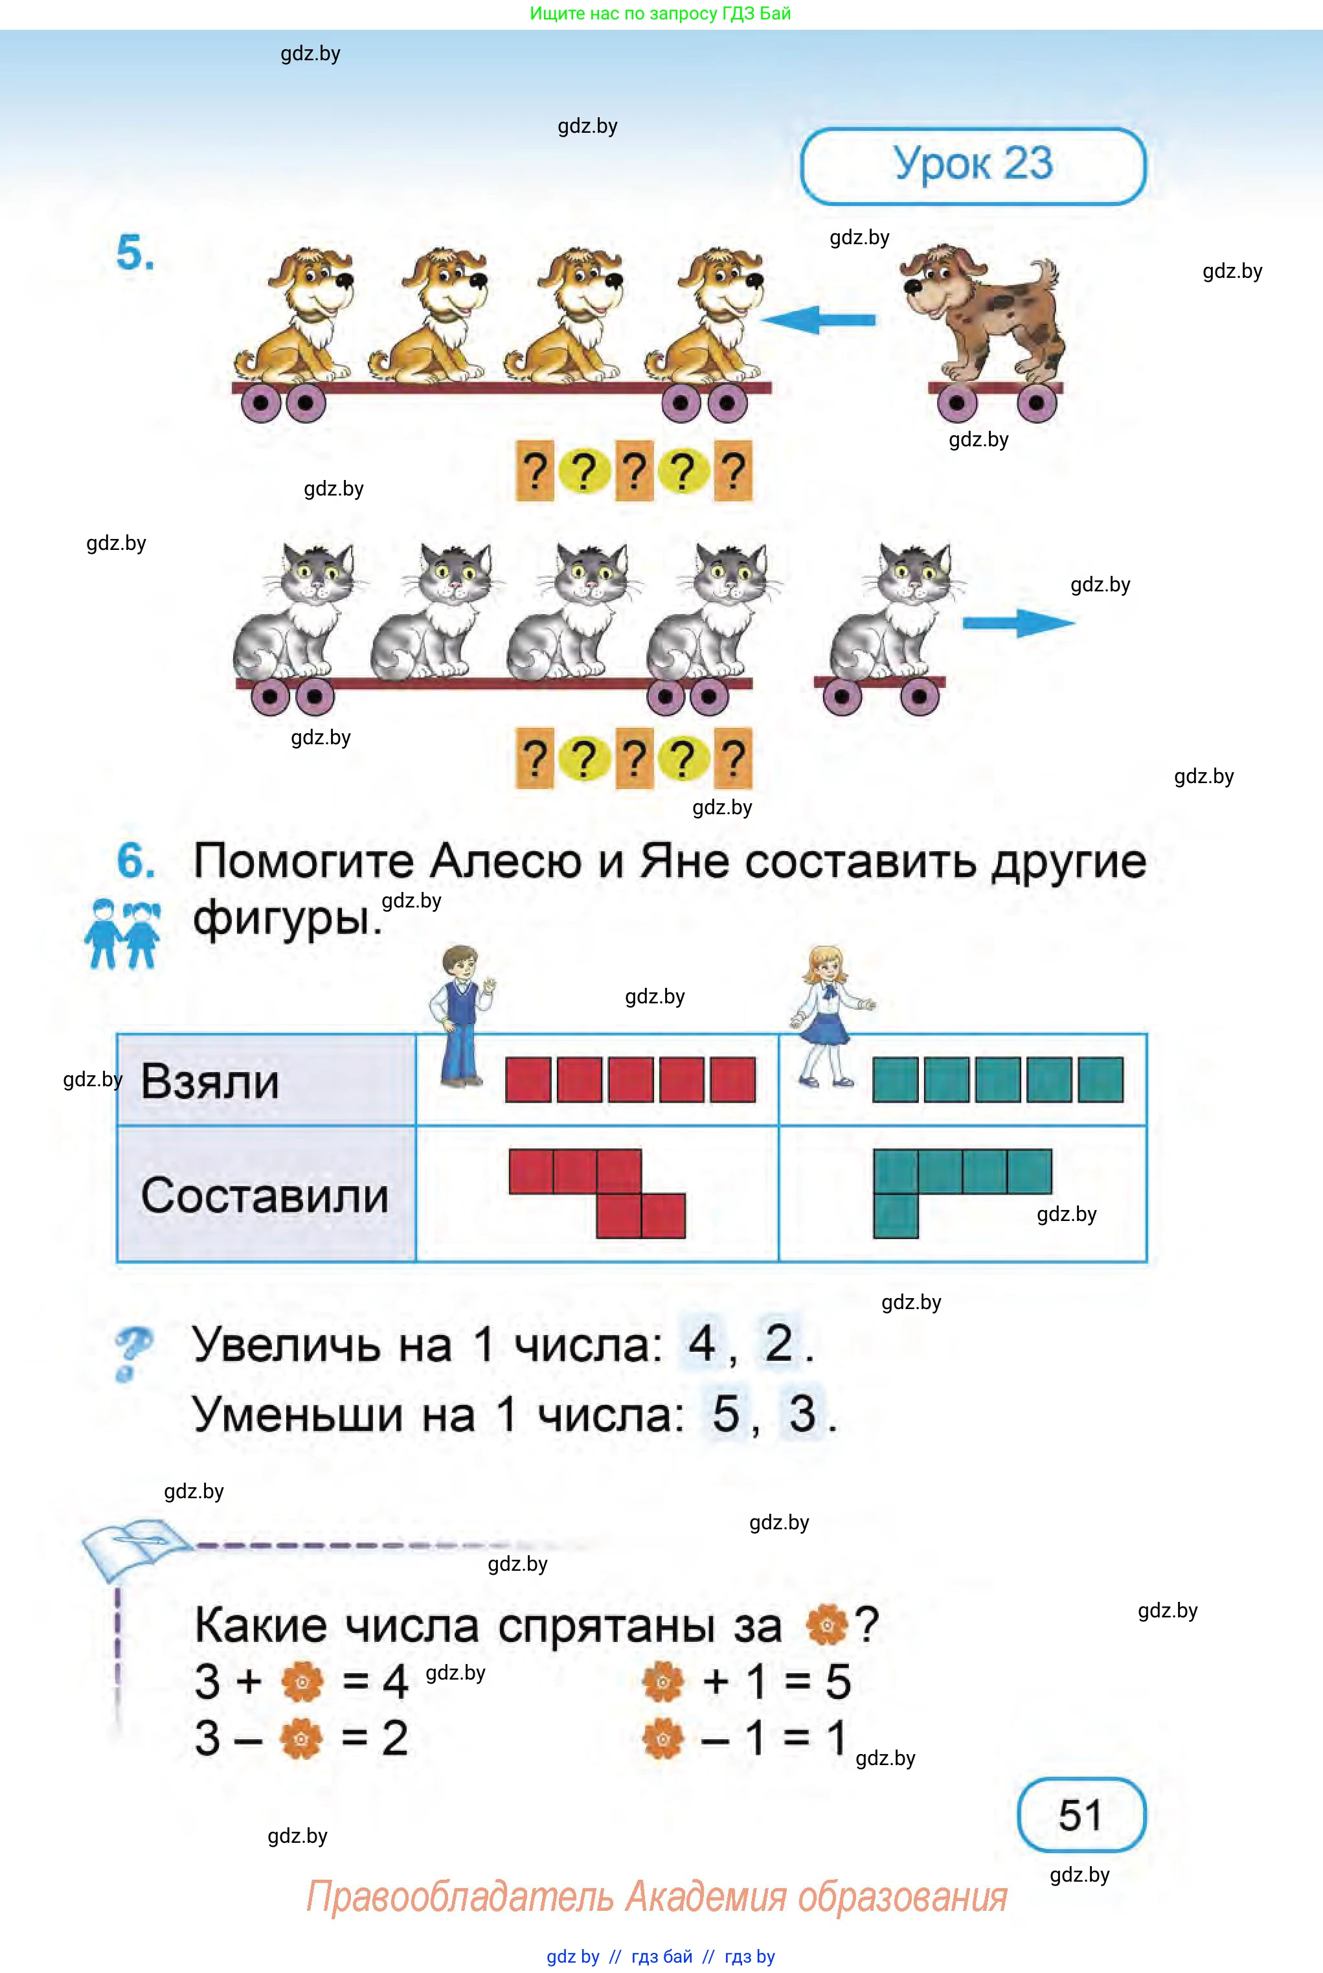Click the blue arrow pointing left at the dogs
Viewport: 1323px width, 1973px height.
point(819,320)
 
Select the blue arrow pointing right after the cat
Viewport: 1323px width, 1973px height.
point(1019,622)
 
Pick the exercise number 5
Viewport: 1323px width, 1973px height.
point(135,253)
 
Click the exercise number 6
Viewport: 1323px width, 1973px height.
point(135,861)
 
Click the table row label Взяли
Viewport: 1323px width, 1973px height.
point(210,1081)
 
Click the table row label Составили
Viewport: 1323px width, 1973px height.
point(264,1195)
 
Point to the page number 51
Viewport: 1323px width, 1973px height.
point(1080,1814)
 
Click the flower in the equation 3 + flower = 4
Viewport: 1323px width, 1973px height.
point(302,1682)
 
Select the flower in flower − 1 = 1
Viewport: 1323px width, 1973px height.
point(663,1739)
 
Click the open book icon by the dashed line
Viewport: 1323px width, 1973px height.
point(135,1547)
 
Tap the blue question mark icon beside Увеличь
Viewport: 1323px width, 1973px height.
point(133,1352)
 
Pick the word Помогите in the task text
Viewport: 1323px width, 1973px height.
point(304,861)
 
